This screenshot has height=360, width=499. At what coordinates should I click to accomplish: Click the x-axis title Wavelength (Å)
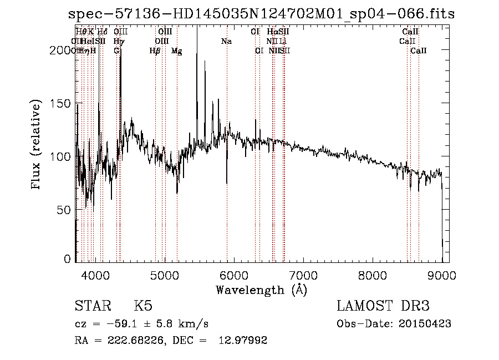pyautogui.click(x=261, y=290)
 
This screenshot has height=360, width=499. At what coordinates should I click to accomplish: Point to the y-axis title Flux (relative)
pyautogui.click(x=37, y=145)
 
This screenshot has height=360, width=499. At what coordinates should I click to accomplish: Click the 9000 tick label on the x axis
pyautogui.click(x=441, y=275)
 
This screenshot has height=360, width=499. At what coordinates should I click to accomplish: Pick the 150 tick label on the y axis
pyautogui.click(x=61, y=104)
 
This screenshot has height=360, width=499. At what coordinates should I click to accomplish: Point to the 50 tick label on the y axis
pyautogui.click(x=64, y=210)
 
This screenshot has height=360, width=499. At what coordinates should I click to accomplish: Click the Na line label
pyautogui.click(x=226, y=42)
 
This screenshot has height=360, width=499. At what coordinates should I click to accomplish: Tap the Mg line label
pyautogui.click(x=176, y=51)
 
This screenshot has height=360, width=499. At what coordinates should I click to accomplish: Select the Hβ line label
pyautogui.click(x=155, y=51)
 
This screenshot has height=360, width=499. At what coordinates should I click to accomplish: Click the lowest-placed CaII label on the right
pyautogui.click(x=419, y=51)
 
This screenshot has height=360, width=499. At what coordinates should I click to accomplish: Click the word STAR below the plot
pyautogui.click(x=92, y=307)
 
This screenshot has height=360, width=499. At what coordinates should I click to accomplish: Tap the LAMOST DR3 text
pyautogui.click(x=383, y=307)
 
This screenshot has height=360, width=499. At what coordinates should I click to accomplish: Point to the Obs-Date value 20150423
pyautogui.click(x=427, y=324)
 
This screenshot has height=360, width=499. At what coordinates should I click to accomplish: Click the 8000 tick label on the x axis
pyautogui.click(x=372, y=275)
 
